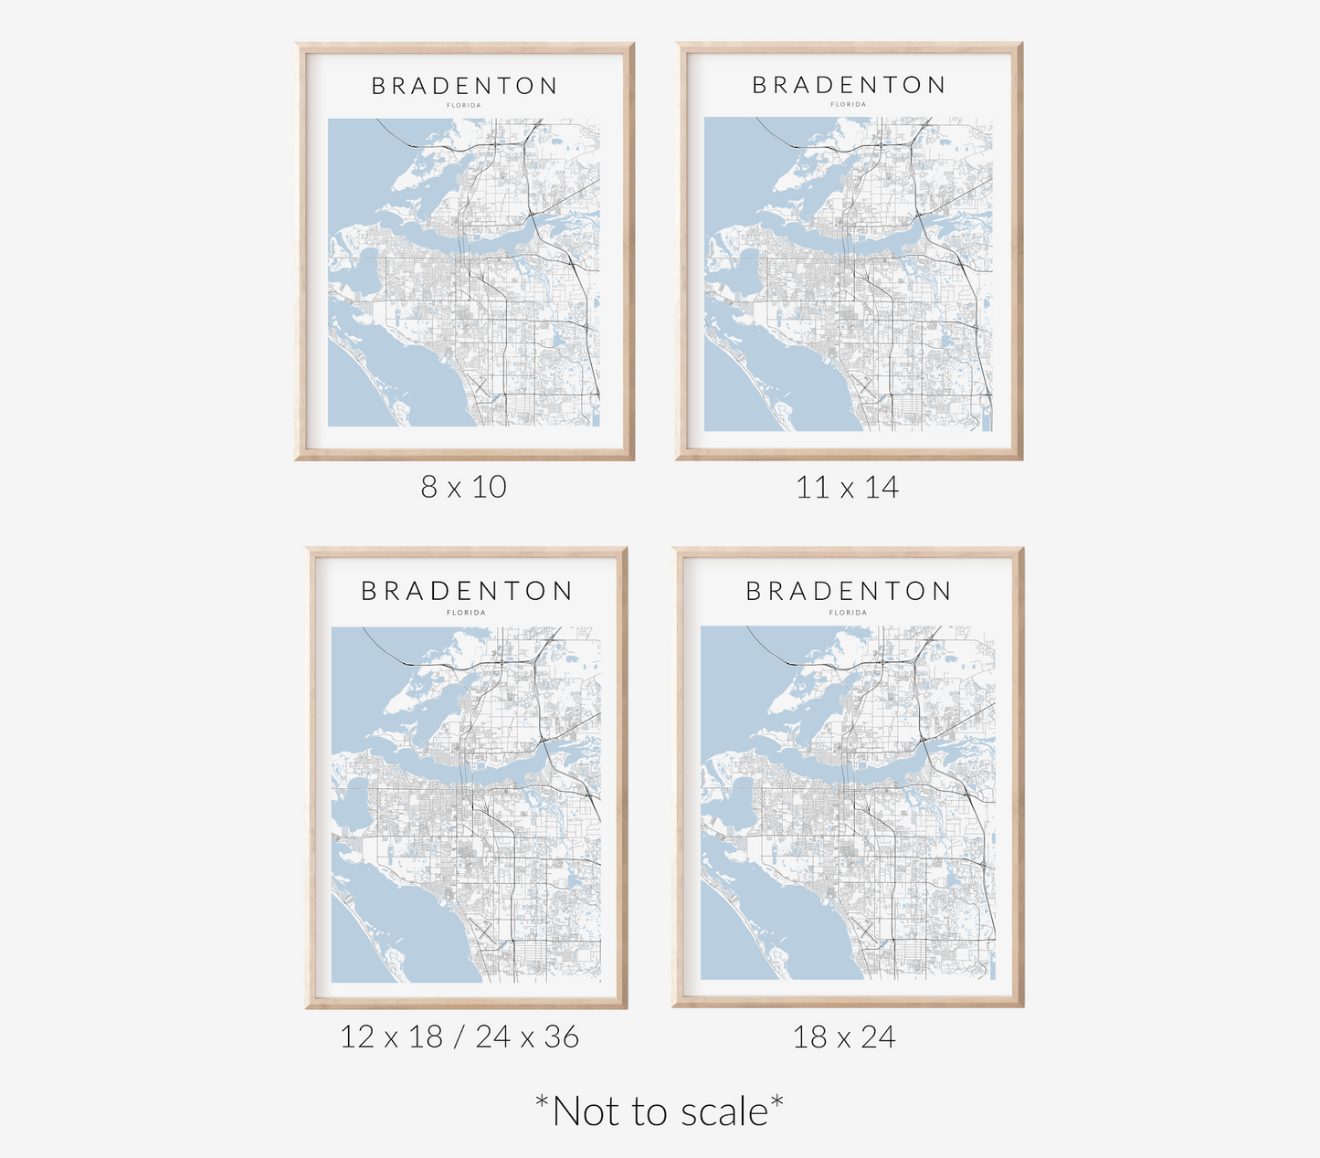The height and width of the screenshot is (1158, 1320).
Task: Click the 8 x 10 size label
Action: pyautogui.click(x=463, y=487)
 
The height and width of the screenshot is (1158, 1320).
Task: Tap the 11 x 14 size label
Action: pyautogui.click(x=847, y=488)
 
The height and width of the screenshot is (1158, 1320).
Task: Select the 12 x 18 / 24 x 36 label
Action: pyautogui.click(x=459, y=1037)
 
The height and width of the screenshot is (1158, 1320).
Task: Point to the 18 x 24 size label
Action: pyautogui.click(x=844, y=1037)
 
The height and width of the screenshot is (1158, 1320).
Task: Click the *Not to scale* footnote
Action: pyautogui.click(x=660, y=1111)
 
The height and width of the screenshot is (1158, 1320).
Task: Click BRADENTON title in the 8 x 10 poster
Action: pyautogui.click(x=464, y=86)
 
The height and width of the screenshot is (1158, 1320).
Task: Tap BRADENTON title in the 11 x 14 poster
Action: pyautogui.click(x=849, y=85)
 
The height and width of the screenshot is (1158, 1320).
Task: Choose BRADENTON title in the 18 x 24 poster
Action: pyautogui.click(x=849, y=592)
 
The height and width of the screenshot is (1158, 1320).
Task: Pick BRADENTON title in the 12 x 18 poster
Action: pyautogui.click(x=467, y=592)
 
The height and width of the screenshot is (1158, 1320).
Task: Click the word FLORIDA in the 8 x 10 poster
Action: pyautogui.click(x=464, y=106)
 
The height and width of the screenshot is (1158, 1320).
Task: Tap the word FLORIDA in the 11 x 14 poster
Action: pyautogui.click(x=849, y=105)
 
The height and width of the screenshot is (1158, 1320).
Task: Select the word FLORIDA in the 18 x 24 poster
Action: pyautogui.click(x=849, y=613)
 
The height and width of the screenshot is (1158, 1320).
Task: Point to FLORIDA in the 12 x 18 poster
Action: pyautogui.click(x=467, y=613)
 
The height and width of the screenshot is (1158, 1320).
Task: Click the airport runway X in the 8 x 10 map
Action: pyautogui.click(x=477, y=384)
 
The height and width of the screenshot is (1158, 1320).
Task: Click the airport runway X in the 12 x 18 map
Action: pyautogui.click(x=484, y=932)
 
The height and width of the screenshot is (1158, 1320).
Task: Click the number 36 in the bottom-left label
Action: pyautogui.click(x=561, y=1037)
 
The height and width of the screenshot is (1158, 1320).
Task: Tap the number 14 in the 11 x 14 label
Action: pyautogui.click(x=882, y=488)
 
